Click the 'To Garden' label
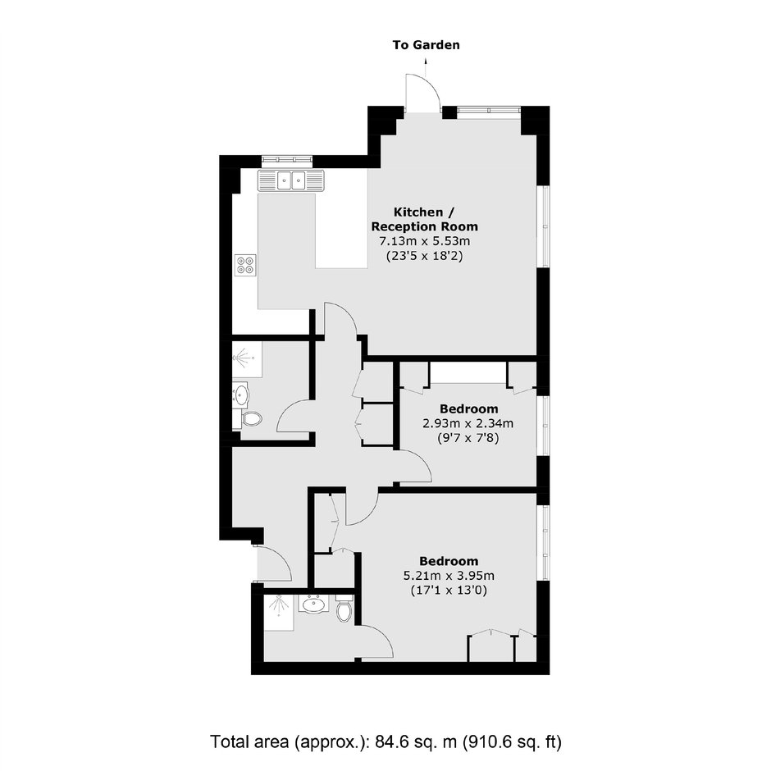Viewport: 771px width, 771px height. point(427,45)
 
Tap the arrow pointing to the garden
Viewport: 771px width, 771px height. point(426,66)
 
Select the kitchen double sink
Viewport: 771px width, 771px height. point(291,180)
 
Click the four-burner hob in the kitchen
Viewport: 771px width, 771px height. point(245,265)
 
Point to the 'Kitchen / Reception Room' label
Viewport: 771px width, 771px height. point(424,219)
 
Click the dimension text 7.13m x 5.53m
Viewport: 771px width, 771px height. point(424,241)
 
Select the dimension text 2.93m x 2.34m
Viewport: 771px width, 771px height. point(468,423)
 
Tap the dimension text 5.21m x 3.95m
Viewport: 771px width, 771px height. point(449,575)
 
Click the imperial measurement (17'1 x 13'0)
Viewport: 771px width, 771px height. point(449,590)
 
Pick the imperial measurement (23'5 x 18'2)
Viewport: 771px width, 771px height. point(424,256)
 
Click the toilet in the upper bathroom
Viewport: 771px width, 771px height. point(251,419)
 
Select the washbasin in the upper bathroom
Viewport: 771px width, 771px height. point(241,395)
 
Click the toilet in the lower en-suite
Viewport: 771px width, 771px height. point(344,609)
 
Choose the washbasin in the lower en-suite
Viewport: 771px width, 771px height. point(313,604)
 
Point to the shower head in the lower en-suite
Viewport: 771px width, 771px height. point(279,604)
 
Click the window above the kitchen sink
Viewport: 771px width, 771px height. point(287,159)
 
